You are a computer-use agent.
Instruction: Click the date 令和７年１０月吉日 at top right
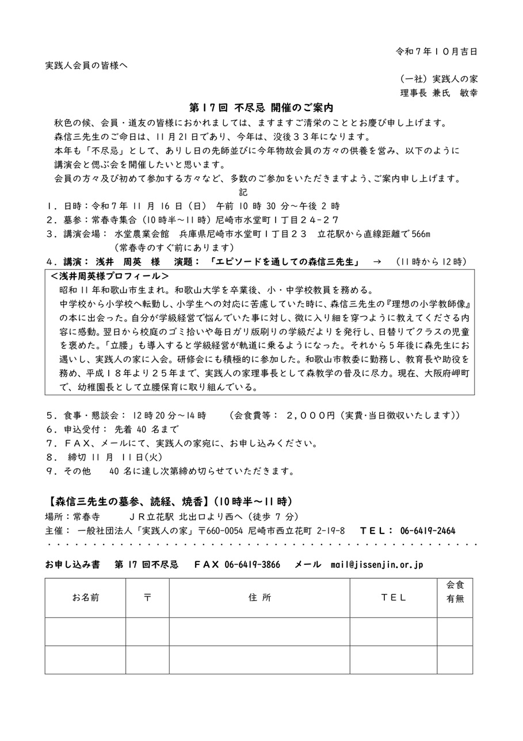click(x=436, y=51)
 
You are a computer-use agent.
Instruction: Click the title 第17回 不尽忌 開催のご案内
click(x=262, y=108)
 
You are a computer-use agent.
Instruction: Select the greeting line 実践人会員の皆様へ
click(x=86, y=65)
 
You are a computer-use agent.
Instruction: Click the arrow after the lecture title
click(x=377, y=262)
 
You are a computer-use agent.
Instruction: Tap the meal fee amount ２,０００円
click(x=310, y=415)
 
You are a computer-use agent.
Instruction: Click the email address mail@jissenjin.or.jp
click(x=377, y=565)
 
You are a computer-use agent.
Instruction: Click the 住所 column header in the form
click(x=259, y=597)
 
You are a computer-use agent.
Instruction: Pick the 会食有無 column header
click(x=455, y=591)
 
